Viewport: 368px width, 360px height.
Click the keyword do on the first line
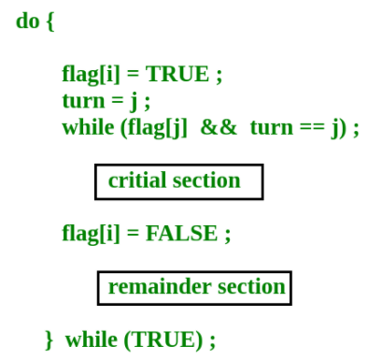tap(27, 21)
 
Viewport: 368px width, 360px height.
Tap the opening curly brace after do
tap(50, 22)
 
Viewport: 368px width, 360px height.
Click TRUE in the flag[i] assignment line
tap(177, 74)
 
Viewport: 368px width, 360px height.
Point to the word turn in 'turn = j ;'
tap(81, 101)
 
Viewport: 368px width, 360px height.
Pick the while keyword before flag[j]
tap(89, 127)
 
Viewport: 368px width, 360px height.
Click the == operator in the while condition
tap(313, 128)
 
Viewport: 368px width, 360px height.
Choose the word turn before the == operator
tap(271, 128)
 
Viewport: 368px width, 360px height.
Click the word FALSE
tap(181, 233)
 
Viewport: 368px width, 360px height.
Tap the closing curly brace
tap(50, 339)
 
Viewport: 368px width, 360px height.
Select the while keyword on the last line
tap(91, 338)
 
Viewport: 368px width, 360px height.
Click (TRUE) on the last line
tap(163, 338)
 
